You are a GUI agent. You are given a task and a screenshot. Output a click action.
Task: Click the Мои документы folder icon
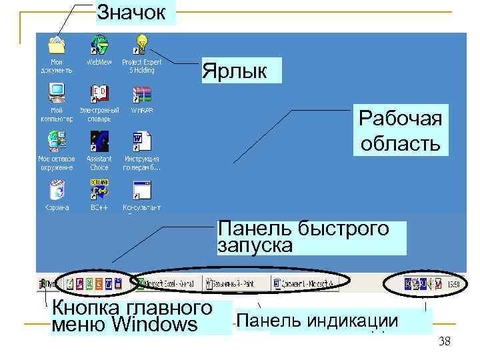(x=57, y=45)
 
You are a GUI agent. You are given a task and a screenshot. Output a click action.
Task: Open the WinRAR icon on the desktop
(x=141, y=93)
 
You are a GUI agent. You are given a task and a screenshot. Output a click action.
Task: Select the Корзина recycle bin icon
(x=57, y=189)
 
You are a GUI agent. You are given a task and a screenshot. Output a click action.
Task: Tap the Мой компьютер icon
(x=57, y=92)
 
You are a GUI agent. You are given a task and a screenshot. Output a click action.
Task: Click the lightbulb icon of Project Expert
(x=141, y=44)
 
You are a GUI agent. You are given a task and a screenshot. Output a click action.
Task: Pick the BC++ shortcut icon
(x=99, y=190)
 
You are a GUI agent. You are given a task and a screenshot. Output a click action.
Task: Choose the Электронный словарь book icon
(x=99, y=93)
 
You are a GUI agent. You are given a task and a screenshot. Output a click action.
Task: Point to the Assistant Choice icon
(x=99, y=141)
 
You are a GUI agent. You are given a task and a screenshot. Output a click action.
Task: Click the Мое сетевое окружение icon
(x=57, y=141)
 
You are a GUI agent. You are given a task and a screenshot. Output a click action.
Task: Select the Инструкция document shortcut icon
(x=141, y=141)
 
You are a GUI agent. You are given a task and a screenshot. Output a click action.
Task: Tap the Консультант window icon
(x=141, y=190)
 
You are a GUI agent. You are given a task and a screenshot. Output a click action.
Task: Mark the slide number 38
(x=445, y=342)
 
